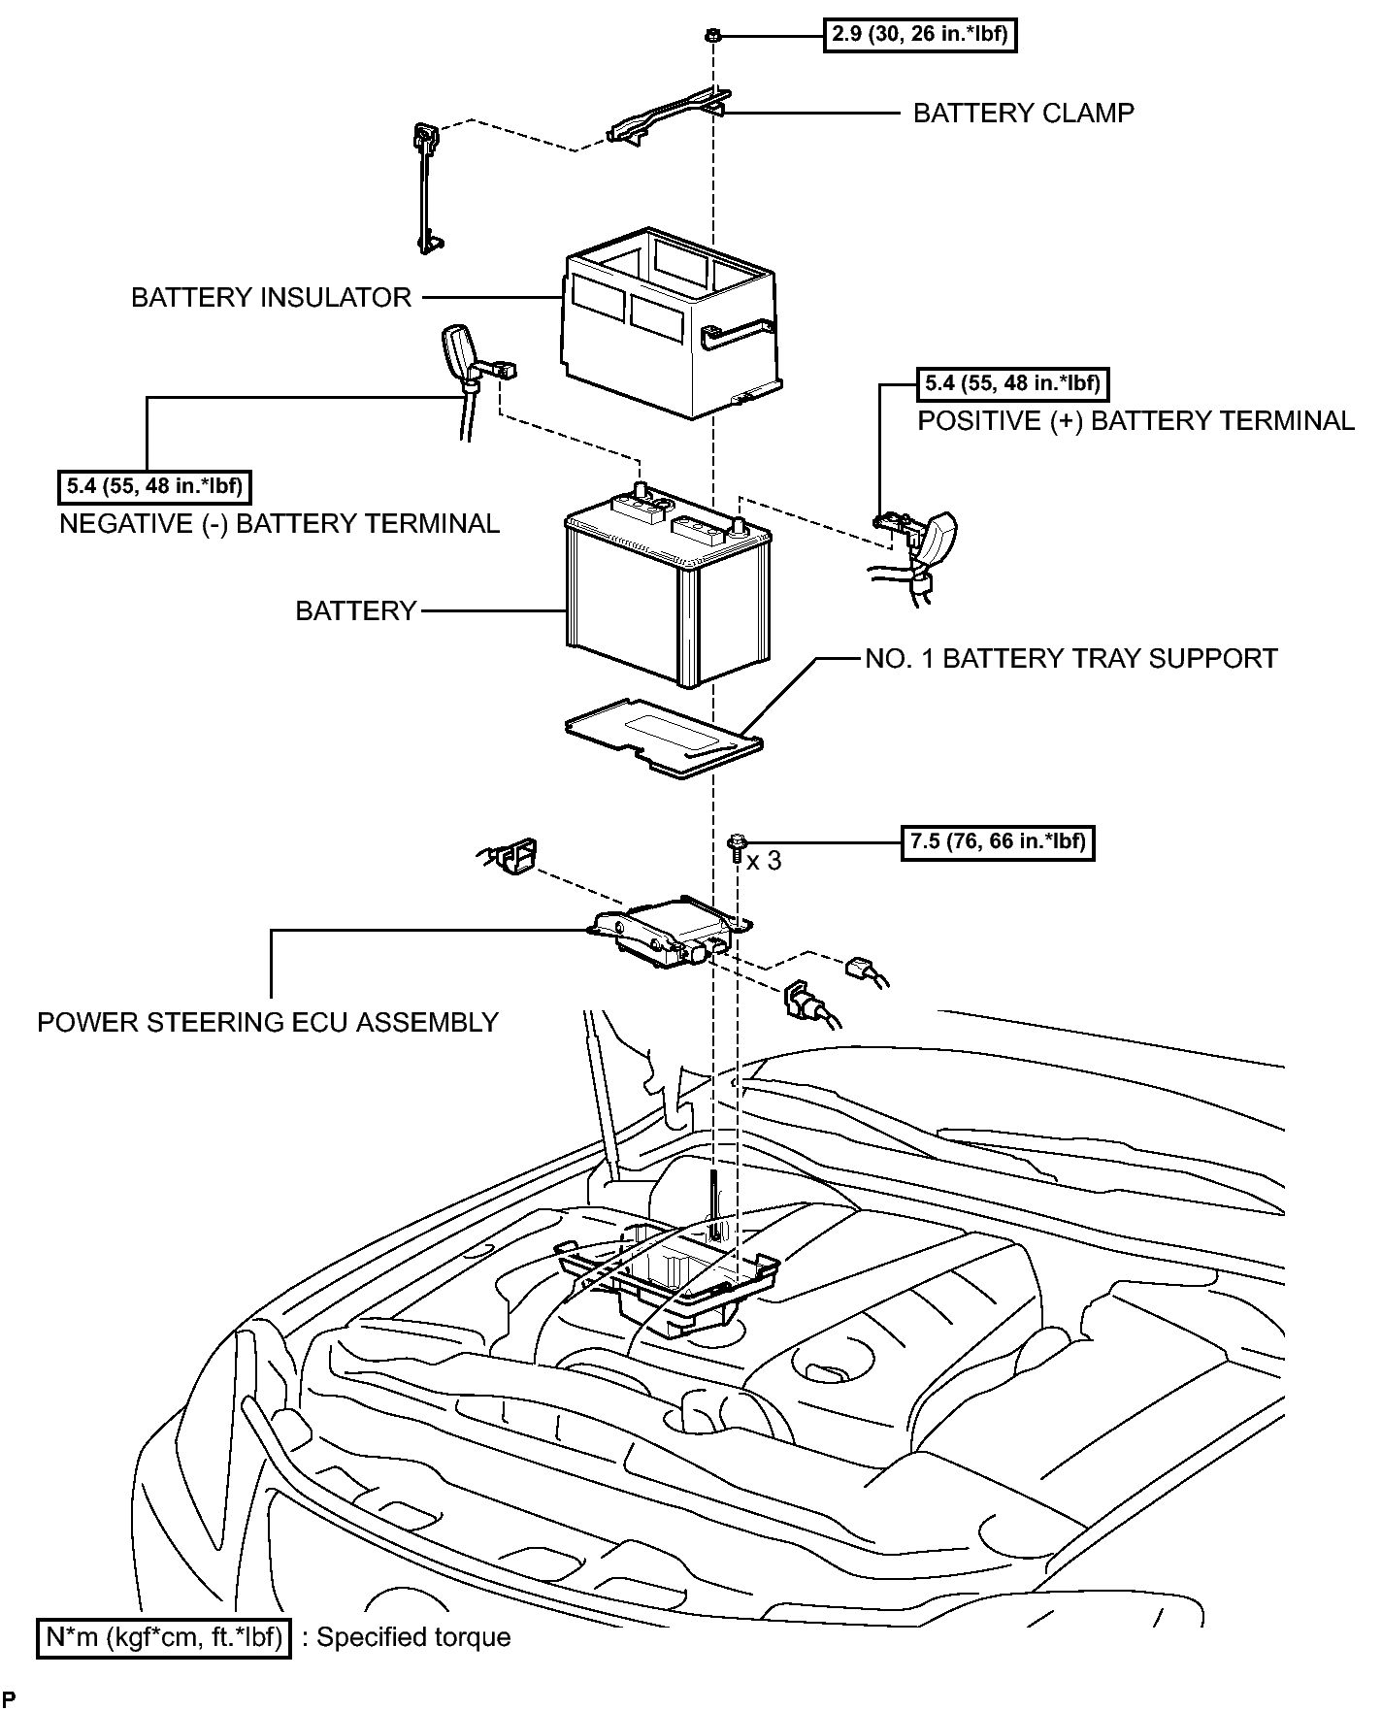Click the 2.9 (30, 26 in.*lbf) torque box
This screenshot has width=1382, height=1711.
click(x=919, y=36)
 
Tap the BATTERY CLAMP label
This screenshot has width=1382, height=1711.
click(x=1023, y=114)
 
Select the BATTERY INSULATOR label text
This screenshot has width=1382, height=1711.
click(x=271, y=297)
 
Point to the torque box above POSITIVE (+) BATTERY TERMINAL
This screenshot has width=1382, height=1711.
click(x=1012, y=383)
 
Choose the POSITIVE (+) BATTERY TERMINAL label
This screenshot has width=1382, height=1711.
click(x=1135, y=421)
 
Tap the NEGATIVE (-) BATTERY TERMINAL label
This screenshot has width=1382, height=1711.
click(x=280, y=524)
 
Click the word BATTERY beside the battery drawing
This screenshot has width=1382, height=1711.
click(x=356, y=611)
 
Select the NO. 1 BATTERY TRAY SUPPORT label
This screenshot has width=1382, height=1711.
click(x=1071, y=659)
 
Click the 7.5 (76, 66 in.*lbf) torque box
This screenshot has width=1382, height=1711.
click(x=998, y=841)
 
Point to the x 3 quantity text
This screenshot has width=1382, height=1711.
click(x=764, y=861)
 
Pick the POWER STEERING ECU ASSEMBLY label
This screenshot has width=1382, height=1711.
click(x=268, y=1022)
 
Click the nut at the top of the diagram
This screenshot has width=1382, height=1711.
click(x=712, y=36)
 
